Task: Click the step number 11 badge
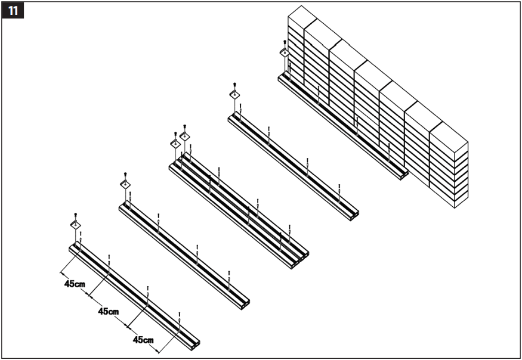[13, 10]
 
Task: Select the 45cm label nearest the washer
[75, 284]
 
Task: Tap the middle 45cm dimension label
[108, 311]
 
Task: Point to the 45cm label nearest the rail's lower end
[143, 340]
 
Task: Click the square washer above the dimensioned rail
[76, 224]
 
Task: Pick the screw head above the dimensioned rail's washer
[76, 214]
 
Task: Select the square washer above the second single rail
[125, 184]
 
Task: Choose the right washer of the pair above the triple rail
[185, 136]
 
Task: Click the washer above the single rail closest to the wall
[235, 94]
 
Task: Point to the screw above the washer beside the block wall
[285, 42]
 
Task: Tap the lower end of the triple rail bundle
[301, 257]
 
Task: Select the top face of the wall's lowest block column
[449, 134]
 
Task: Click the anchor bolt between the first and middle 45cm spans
[109, 262]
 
